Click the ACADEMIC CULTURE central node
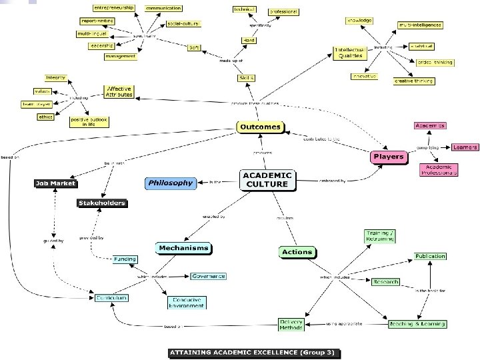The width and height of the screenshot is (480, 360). (267, 180)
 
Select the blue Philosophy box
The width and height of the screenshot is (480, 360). (170, 182)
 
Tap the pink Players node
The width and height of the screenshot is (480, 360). (388, 157)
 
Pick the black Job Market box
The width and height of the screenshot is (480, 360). (56, 183)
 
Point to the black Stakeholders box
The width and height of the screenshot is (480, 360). (101, 203)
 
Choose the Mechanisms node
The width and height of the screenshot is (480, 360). (183, 248)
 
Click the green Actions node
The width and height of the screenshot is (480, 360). (297, 252)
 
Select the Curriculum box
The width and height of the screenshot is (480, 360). (111, 297)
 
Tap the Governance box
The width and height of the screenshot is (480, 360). (208, 276)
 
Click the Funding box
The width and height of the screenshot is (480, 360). (125, 259)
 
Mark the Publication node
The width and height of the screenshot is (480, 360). (430, 256)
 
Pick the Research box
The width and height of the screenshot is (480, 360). (385, 282)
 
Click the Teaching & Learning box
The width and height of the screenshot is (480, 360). (417, 325)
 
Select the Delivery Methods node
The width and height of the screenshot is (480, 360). (291, 325)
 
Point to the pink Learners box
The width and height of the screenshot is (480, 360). (464, 147)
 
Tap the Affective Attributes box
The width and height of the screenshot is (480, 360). (119, 91)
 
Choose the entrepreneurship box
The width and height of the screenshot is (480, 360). (114, 7)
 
